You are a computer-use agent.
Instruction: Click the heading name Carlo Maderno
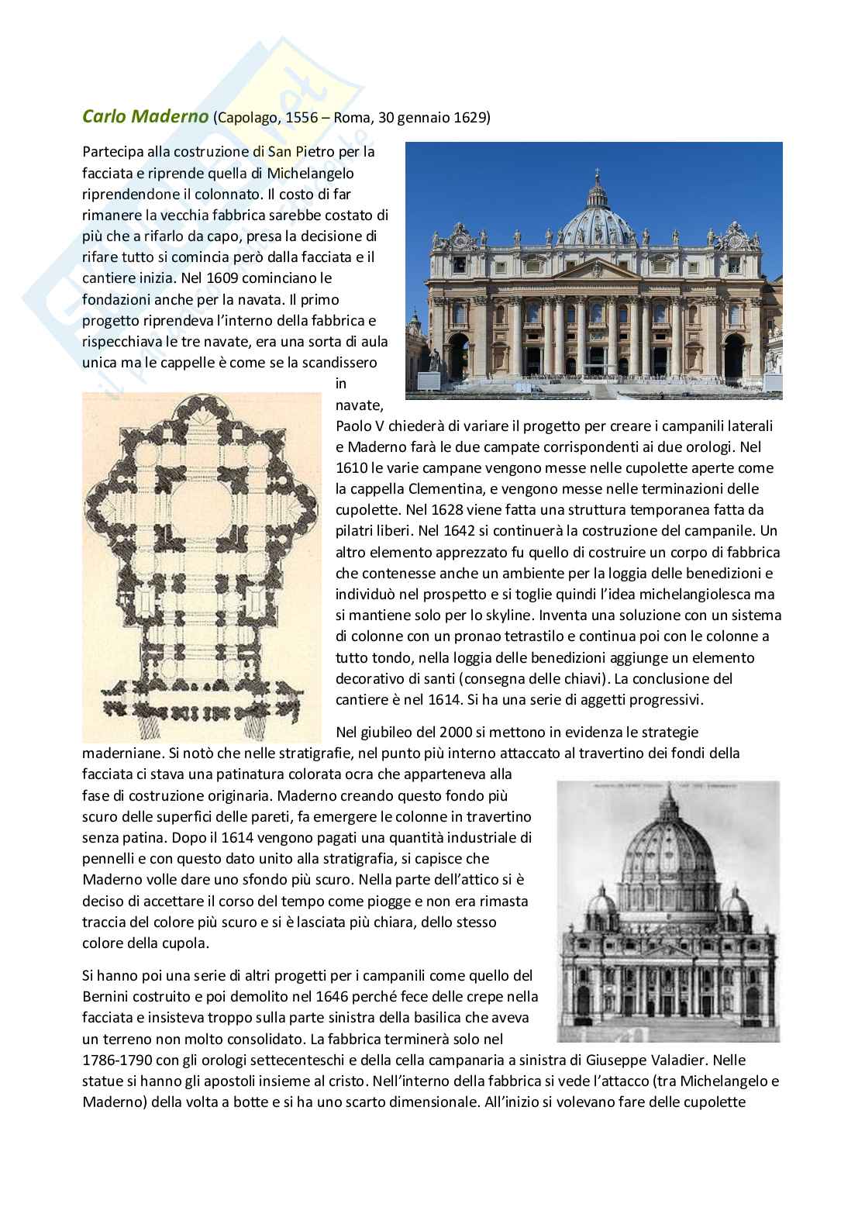coord(145,117)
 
